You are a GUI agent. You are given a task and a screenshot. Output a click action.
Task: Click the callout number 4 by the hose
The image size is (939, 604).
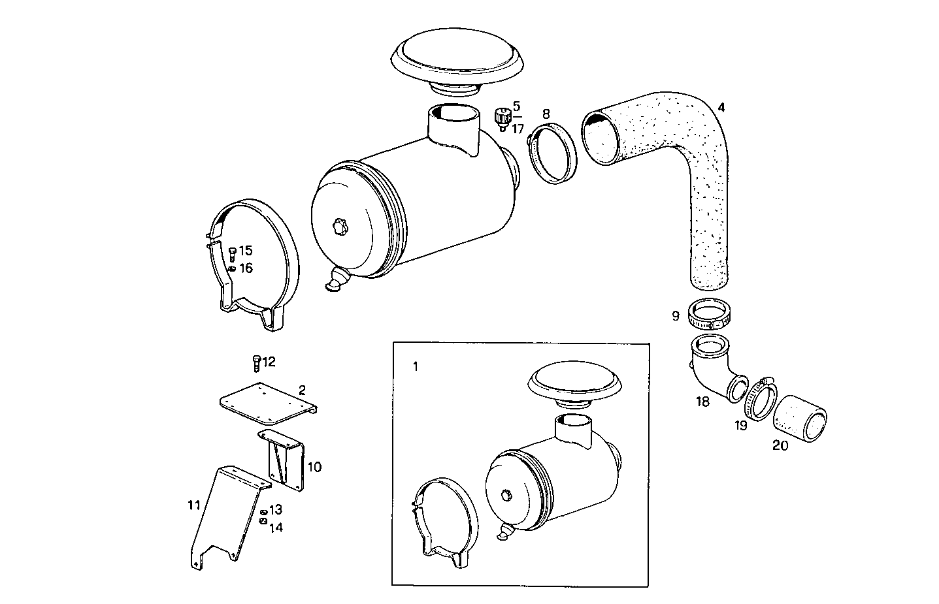[721, 107]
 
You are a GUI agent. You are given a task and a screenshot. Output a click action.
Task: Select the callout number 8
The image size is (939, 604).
[546, 113]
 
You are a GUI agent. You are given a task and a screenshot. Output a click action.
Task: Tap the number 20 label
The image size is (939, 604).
[780, 445]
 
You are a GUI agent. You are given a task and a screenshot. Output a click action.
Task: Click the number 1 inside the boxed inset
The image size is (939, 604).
[416, 366]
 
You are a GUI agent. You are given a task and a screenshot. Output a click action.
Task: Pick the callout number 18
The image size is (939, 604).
[702, 402]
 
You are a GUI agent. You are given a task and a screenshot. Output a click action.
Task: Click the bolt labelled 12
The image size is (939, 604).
[256, 362]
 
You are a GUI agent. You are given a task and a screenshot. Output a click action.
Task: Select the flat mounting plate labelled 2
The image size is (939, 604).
[267, 402]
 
